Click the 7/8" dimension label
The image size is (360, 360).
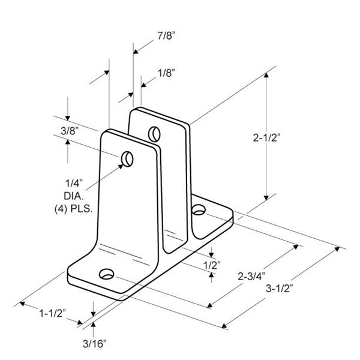tap(166, 36)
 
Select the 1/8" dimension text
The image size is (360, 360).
tap(166, 73)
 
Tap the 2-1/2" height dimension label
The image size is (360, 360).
tap(267, 138)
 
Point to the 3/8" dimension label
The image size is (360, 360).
tap(70, 131)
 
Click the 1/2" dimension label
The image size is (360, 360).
tap(212, 265)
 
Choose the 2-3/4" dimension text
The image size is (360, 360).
tap(251, 276)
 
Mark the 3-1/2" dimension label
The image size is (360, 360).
tap(280, 289)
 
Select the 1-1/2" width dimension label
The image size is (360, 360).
tap(53, 313)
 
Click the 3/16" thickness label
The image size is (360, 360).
tap(95, 344)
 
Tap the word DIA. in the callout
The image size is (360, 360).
tap(73, 196)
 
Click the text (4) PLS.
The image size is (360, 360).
tap(73, 209)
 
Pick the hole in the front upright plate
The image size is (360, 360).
tap(127, 159)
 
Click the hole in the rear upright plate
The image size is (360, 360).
tap(154, 134)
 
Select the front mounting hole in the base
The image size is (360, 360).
tap(107, 274)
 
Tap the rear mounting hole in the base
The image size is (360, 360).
tap(199, 209)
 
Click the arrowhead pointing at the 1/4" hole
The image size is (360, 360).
tap(121, 166)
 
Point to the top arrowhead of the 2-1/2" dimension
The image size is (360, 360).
tap(266, 75)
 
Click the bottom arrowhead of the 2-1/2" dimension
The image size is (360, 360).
tap(266, 198)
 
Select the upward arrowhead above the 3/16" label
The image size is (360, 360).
tap(93, 325)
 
